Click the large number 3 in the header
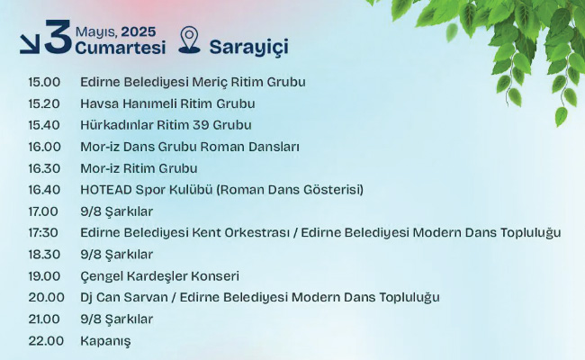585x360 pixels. (x=58, y=37)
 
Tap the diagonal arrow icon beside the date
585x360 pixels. (x=30, y=44)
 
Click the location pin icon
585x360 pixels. (x=189, y=40)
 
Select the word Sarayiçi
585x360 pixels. (x=248, y=48)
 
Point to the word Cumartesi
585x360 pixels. (x=121, y=48)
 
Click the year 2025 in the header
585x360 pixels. (x=139, y=32)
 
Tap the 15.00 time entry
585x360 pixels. (x=44, y=82)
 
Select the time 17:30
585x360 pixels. (x=43, y=233)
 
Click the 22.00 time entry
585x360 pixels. (x=46, y=340)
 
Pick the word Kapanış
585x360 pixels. (x=105, y=341)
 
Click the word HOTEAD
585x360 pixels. (x=106, y=190)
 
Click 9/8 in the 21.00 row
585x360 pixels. (x=89, y=319)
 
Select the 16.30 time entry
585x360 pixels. (x=44, y=168)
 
